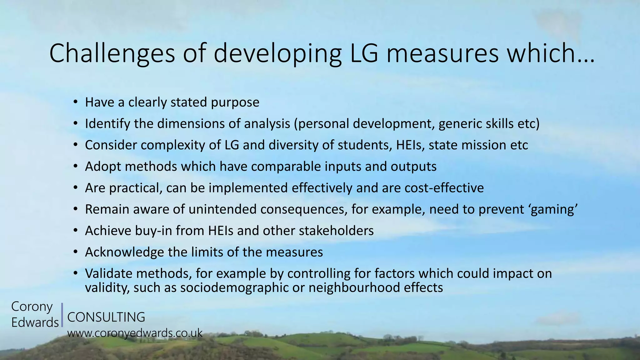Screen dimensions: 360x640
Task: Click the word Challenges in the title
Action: [112, 54]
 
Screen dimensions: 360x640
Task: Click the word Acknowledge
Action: [124, 252]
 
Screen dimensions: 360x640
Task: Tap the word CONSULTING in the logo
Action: [106, 317]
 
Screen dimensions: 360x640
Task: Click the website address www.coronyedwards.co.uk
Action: [135, 333]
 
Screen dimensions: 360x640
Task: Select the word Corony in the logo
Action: [32, 307]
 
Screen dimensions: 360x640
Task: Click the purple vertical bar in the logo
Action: [62, 315]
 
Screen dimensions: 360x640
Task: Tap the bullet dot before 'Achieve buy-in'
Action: [75, 231]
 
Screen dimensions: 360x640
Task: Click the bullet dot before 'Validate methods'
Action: [75, 273]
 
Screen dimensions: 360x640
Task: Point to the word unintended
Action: [222, 209]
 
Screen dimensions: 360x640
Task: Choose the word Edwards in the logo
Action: [35, 322]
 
